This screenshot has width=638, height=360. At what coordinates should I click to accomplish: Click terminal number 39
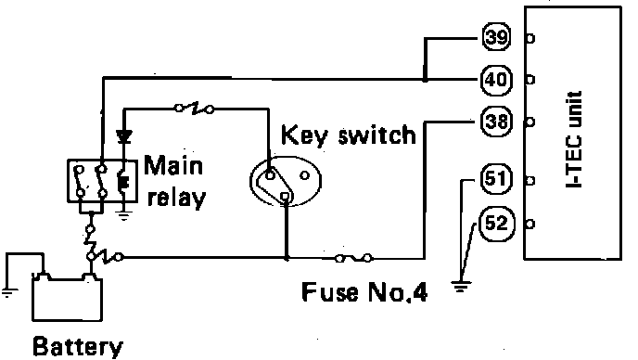click(x=496, y=37)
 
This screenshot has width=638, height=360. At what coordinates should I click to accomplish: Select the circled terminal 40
click(x=496, y=80)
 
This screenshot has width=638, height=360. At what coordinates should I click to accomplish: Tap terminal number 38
click(x=496, y=122)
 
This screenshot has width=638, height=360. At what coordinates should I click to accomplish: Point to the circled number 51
click(x=496, y=178)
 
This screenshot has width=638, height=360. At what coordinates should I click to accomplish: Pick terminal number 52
click(x=497, y=224)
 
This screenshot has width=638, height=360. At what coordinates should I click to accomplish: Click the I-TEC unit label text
click(x=574, y=139)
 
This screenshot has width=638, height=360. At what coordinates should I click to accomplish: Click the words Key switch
click(x=349, y=135)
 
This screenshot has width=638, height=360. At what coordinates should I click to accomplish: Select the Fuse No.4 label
click(x=364, y=291)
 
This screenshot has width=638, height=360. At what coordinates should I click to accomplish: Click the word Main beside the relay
click(x=173, y=166)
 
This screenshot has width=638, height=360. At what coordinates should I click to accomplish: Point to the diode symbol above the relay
click(x=123, y=136)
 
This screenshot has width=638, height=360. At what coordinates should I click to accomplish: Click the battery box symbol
click(x=67, y=297)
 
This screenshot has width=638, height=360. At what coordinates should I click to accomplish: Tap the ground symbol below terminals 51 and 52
click(x=461, y=287)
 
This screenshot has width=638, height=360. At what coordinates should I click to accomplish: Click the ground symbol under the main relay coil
click(x=123, y=215)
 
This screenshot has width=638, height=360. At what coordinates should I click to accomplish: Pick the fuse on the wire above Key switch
click(x=194, y=109)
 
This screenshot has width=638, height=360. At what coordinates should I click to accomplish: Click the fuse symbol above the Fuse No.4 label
click(x=353, y=258)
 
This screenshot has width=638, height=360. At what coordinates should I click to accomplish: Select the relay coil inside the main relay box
click(x=123, y=183)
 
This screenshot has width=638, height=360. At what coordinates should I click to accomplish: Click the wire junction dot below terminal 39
click(x=425, y=80)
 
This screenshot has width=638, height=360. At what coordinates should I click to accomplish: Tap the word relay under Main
click(x=176, y=199)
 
